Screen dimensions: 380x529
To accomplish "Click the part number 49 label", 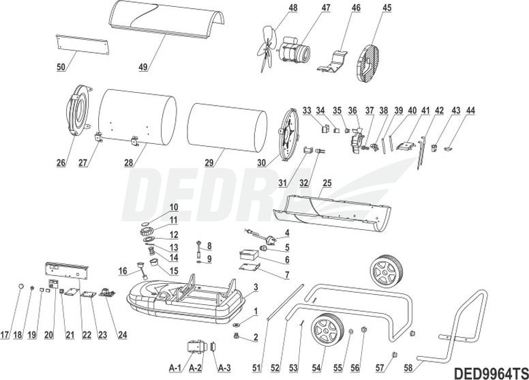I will (143, 68).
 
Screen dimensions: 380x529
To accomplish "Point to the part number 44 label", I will (471, 108).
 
